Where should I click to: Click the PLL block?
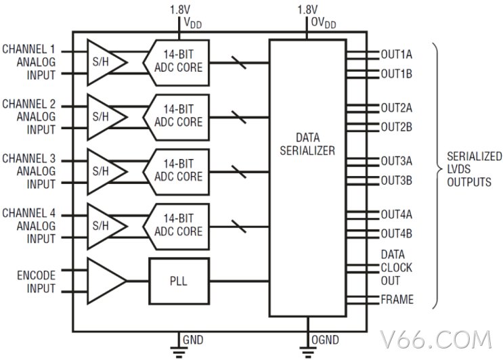[x=179, y=281]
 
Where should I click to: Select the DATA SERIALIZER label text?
[x=307, y=144]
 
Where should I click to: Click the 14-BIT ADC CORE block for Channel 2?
[x=177, y=117]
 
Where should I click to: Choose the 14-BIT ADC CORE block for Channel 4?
[x=177, y=227]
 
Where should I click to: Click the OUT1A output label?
[x=397, y=55]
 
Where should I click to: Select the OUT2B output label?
[x=397, y=127]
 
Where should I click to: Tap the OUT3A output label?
[x=397, y=161]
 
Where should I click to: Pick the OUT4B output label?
[x=397, y=233]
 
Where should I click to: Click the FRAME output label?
[x=397, y=299]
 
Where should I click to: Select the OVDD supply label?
[x=324, y=23]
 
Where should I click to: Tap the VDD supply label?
[x=192, y=23]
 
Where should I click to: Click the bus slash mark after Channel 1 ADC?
[x=239, y=62]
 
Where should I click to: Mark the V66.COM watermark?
[x=436, y=340]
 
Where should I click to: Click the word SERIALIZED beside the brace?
[x=475, y=156]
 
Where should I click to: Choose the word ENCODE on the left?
[x=37, y=275]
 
